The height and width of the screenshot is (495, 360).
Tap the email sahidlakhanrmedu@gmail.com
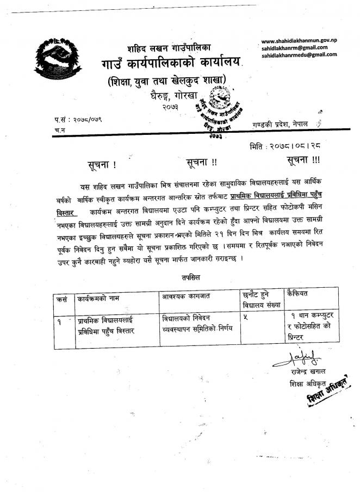[x=299, y=55]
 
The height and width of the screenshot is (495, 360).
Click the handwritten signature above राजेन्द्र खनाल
[x=296, y=358]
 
